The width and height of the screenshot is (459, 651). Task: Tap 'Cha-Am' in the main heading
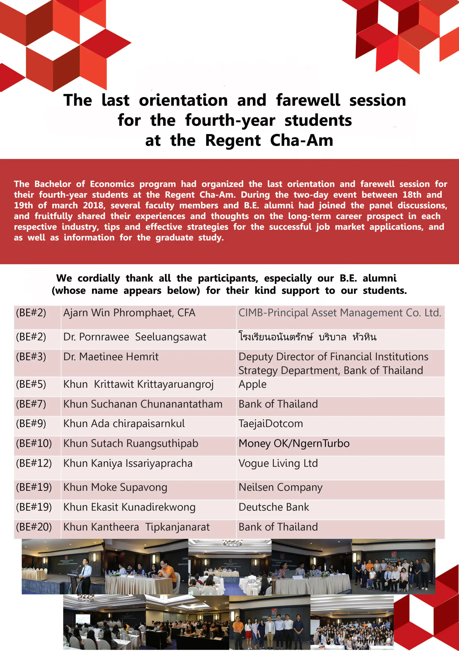301,140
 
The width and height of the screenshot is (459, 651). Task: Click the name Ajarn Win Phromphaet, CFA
129,313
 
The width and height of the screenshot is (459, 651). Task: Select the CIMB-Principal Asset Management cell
340,313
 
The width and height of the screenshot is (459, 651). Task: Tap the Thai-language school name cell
308,337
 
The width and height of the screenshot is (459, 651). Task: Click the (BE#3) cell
31,357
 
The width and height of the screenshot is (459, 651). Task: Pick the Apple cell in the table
252,384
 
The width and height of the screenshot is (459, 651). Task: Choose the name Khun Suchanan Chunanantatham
143,404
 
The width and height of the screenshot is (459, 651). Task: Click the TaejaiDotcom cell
271,424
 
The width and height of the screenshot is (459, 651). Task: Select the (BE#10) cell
34,443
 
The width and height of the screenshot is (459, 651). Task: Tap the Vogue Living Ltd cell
278,463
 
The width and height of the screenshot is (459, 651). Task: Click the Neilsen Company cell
281,487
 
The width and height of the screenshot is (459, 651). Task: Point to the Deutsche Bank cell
274,507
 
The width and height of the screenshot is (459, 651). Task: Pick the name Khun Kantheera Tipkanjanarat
136,527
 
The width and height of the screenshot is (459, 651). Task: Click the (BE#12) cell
34,463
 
